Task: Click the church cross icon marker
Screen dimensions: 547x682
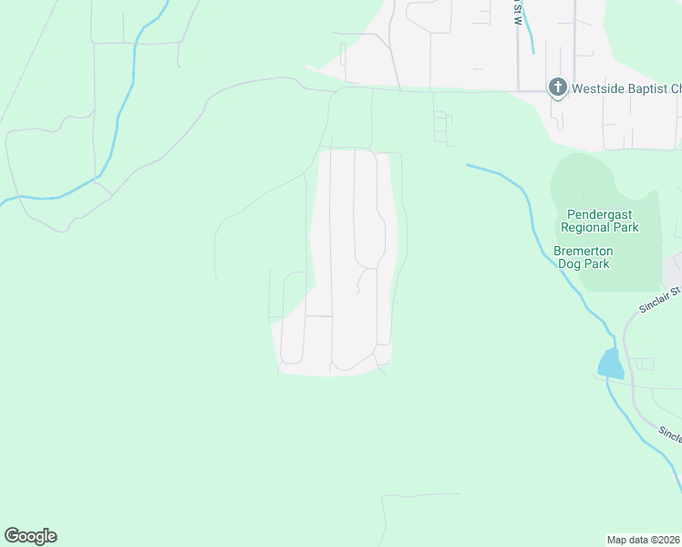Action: [x=557, y=88]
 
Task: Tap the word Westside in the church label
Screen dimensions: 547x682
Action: [x=594, y=88]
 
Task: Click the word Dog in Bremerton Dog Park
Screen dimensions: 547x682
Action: [x=569, y=263]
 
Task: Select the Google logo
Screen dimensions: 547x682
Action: [x=30, y=536]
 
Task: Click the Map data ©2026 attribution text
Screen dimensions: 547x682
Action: [x=644, y=539]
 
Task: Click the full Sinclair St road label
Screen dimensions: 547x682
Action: [x=659, y=298]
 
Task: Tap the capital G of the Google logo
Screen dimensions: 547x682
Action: [x=12, y=536]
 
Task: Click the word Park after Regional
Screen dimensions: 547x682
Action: [x=625, y=227]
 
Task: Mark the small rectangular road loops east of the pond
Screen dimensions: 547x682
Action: [x=643, y=364]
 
